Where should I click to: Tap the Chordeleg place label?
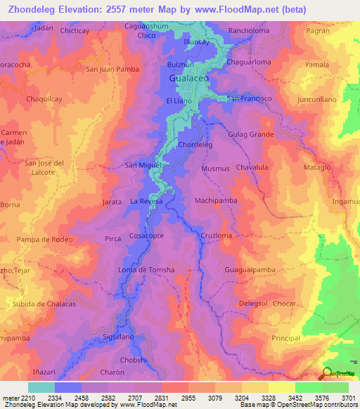[x=195, y=145]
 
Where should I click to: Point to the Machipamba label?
[x=215, y=201]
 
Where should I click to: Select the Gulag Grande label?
[x=250, y=134]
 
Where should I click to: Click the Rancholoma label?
[x=250, y=30]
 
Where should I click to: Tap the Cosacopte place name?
[x=146, y=236]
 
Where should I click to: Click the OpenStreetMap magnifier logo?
[x=326, y=374]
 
